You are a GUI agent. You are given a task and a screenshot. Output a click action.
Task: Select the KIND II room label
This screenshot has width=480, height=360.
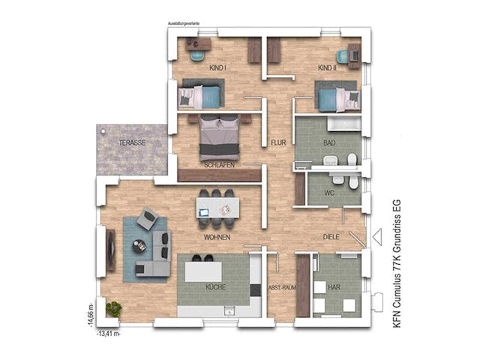[328, 68]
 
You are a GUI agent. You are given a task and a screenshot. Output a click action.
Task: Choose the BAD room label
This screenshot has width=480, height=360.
[329, 142]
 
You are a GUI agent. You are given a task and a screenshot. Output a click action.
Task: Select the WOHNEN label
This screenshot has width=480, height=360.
[216, 237]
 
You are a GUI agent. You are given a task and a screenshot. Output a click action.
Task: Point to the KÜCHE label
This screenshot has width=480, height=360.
[216, 287]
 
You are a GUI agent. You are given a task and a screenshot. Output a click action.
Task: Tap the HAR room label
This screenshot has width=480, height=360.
[336, 287]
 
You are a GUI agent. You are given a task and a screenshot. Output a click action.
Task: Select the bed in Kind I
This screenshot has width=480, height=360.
[201, 96]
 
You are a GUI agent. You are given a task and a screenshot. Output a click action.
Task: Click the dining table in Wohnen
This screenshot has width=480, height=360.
[216, 207]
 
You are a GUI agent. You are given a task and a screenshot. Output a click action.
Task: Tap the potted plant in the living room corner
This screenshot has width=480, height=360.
[114, 307]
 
